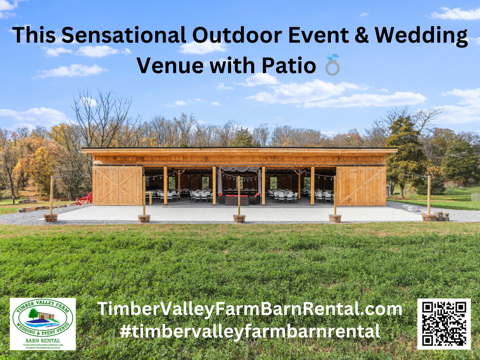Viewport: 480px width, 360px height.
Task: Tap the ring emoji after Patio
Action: pyautogui.click(x=332, y=65)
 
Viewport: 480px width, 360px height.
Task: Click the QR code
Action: pyautogui.click(x=443, y=323)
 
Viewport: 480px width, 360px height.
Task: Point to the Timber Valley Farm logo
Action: pyautogui.click(x=43, y=323)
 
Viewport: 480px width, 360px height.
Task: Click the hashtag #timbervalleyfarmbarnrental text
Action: pyautogui.click(x=249, y=331)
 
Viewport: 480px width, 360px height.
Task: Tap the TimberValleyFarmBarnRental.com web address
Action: pyautogui.click(x=249, y=309)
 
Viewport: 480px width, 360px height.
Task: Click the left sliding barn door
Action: pyautogui.click(x=118, y=186)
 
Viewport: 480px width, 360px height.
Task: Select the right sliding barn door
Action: pyautogui.click(x=361, y=186)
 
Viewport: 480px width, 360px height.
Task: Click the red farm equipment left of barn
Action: pyautogui.click(x=84, y=199)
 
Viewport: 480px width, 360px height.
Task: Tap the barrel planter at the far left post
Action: pyautogui.click(x=51, y=217)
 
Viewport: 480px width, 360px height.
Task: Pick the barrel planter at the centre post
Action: pyautogui.click(x=239, y=218)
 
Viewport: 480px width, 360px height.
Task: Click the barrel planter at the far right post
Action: pyautogui.click(x=428, y=217)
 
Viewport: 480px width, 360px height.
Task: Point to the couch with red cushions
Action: pyautogui.click(x=237, y=199)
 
